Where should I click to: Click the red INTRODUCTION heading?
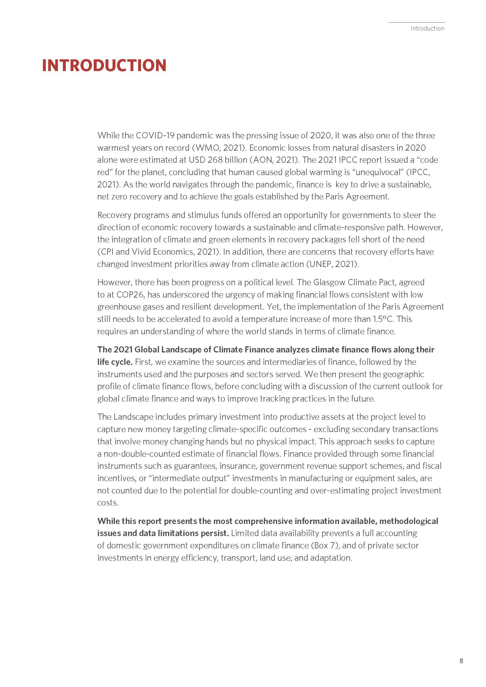coord(104,65)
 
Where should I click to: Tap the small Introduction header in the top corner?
coord(427,28)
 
